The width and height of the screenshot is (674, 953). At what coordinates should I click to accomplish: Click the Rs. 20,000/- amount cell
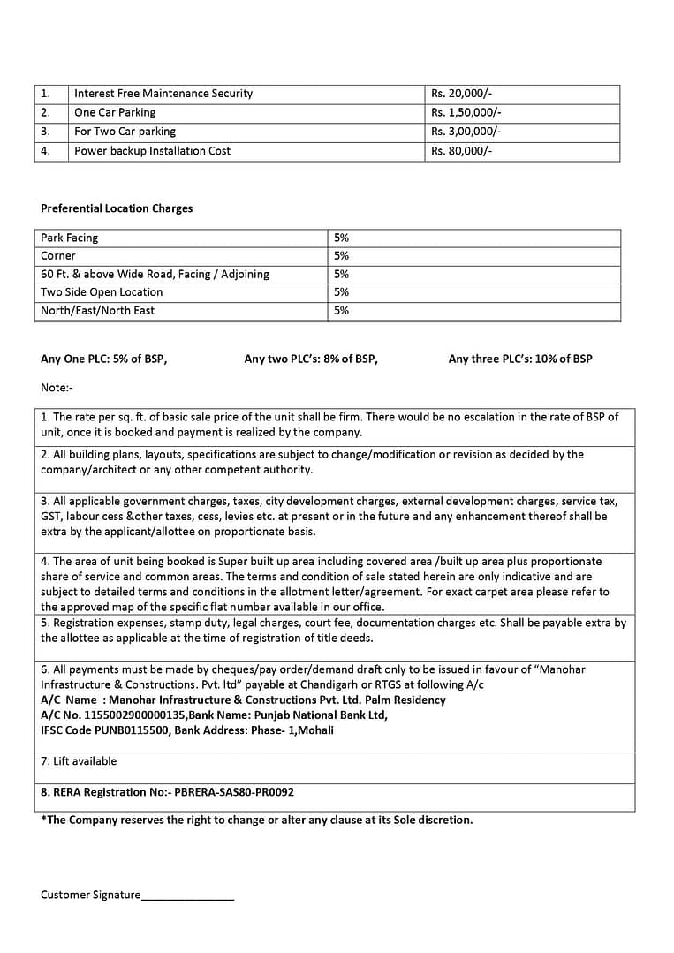point(460,94)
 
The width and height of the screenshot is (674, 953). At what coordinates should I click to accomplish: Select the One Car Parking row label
point(115,113)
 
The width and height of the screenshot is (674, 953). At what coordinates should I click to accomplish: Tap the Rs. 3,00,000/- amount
point(466,132)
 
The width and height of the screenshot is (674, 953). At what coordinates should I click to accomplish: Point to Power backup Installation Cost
point(152,151)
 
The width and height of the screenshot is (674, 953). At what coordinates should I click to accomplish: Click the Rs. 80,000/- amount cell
point(460,151)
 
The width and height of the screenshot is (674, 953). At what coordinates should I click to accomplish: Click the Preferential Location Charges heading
point(117,208)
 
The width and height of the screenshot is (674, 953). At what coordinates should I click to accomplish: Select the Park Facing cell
point(70,238)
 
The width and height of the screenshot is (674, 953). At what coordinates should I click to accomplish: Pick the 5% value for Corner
point(342,256)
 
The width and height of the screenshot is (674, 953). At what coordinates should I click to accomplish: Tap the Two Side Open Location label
point(102,292)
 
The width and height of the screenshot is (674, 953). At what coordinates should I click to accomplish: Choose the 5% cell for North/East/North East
point(342,311)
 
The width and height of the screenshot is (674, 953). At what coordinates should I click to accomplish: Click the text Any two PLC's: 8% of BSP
point(311,359)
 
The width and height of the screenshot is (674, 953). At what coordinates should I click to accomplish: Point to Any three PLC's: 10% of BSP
point(520,359)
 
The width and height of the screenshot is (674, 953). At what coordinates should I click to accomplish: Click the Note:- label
point(57,388)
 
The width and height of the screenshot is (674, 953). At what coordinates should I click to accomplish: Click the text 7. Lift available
point(79,761)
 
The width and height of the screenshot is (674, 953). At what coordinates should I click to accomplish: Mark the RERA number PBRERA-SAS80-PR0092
point(234,792)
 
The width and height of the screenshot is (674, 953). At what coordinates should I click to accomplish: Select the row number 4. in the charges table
point(45,151)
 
